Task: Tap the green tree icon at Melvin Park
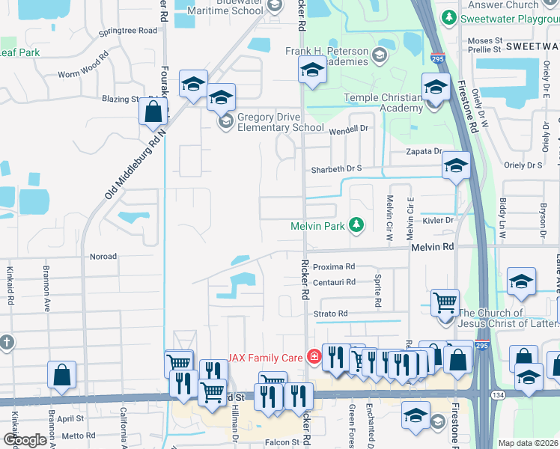(x=357, y=224)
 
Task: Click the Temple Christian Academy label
(x=383, y=103)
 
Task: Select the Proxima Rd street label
(x=333, y=266)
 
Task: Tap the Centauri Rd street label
(x=334, y=282)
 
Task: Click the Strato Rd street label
(x=331, y=314)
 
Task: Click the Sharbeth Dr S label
(x=337, y=168)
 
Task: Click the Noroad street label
(x=103, y=256)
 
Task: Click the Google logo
(x=25, y=441)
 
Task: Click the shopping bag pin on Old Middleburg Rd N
(x=153, y=113)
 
